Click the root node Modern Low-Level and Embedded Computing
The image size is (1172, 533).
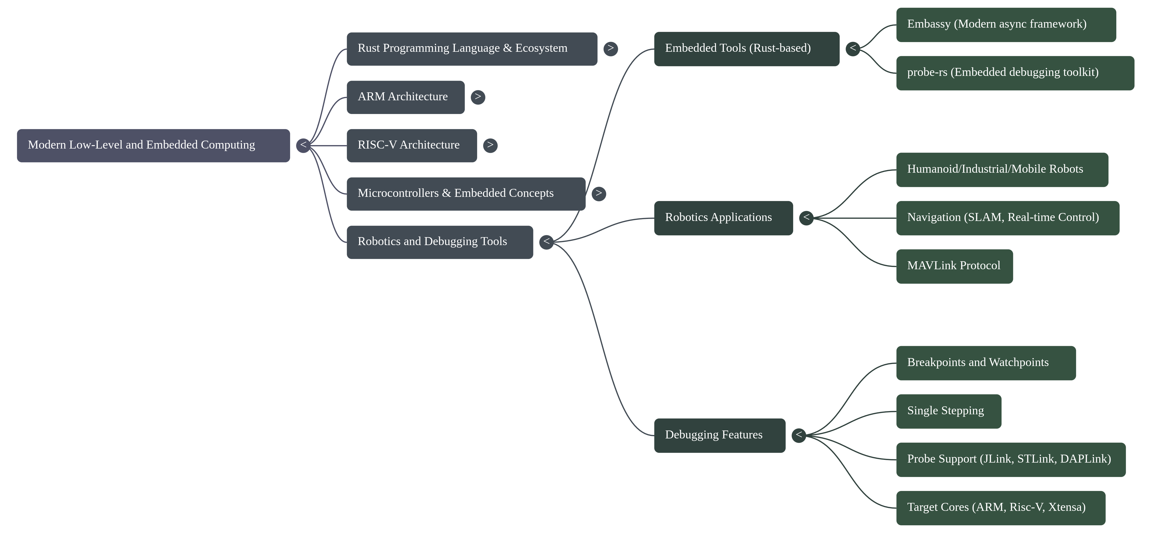(x=153, y=146)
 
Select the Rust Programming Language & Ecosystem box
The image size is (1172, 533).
(x=472, y=49)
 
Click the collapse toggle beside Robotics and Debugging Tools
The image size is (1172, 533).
(x=546, y=242)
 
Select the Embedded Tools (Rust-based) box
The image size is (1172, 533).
(x=747, y=49)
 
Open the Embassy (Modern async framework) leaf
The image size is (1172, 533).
(x=1006, y=25)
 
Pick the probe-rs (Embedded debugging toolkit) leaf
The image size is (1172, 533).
(x=1015, y=73)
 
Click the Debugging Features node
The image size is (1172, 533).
(x=719, y=435)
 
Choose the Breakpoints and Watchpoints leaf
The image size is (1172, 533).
(x=986, y=363)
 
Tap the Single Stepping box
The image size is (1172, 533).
(x=949, y=411)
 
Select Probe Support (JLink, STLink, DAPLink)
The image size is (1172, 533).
(x=1011, y=459)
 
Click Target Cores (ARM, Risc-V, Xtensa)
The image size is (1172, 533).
(x=1001, y=508)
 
